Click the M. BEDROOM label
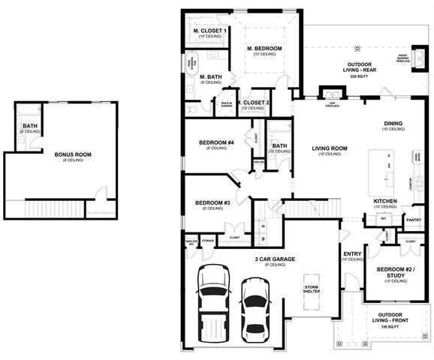click(x=264, y=49)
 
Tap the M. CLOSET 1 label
click(x=210, y=31)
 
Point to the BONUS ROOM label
click(x=73, y=154)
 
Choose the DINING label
click(x=393, y=124)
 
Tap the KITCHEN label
click(x=385, y=202)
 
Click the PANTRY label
click(x=412, y=220)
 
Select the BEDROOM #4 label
click(x=216, y=142)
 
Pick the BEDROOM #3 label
click(x=212, y=202)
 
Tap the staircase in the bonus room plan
click(x=56, y=207)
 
